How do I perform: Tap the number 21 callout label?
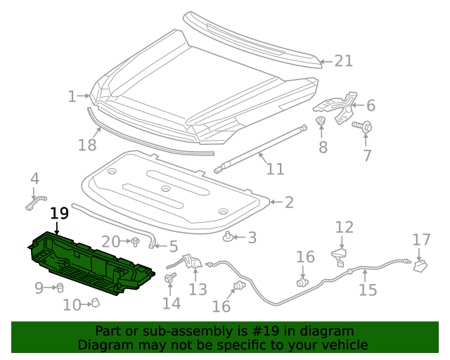point(343,61)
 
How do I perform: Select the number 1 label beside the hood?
point(72,96)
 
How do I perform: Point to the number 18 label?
point(87,146)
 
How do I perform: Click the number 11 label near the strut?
point(275,169)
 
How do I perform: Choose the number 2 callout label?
point(288,202)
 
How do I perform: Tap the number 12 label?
point(344,227)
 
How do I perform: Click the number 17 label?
point(421,240)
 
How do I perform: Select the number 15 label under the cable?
point(368,290)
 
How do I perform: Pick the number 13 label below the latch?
point(198,289)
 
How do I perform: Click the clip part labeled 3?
point(229,236)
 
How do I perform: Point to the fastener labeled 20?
point(134,243)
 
